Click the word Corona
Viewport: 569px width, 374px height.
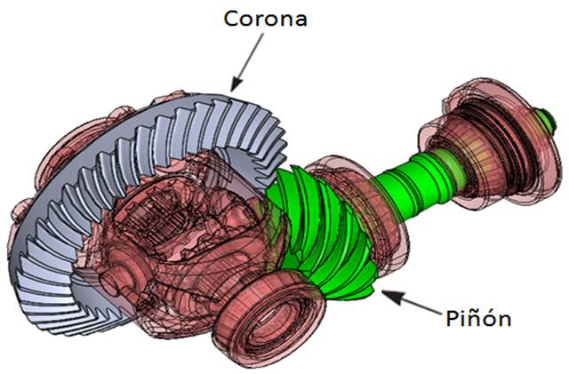point(264,18)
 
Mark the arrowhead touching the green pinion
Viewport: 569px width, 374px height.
point(383,295)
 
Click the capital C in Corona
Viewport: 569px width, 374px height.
point(229,18)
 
